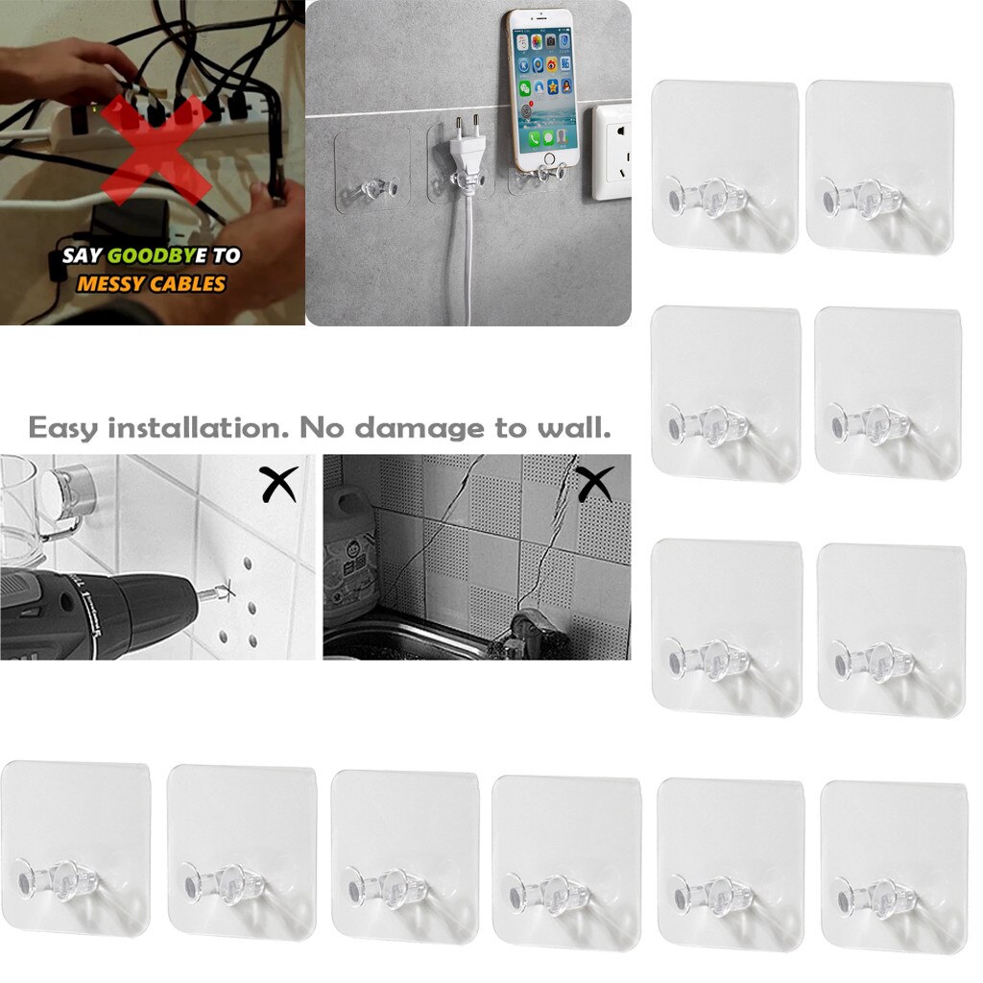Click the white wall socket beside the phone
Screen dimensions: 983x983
point(611,152)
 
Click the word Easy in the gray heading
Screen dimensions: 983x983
point(63,427)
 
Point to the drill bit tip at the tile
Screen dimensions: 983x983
point(228,589)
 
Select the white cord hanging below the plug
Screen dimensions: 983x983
point(467,259)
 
